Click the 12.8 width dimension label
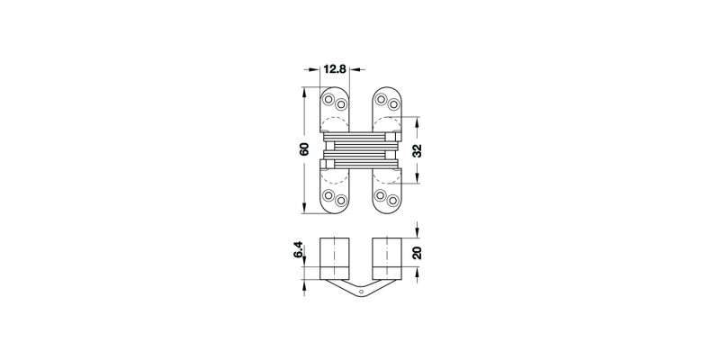(x=337, y=67)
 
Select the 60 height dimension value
(x=305, y=150)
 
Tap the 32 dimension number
(x=417, y=150)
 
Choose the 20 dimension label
(x=417, y=253)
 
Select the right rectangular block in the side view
(x=385, y=258)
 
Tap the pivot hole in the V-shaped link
(x=360, y=292)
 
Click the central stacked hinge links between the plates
(x=360, y=150)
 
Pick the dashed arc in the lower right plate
(x=384, y=175)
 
